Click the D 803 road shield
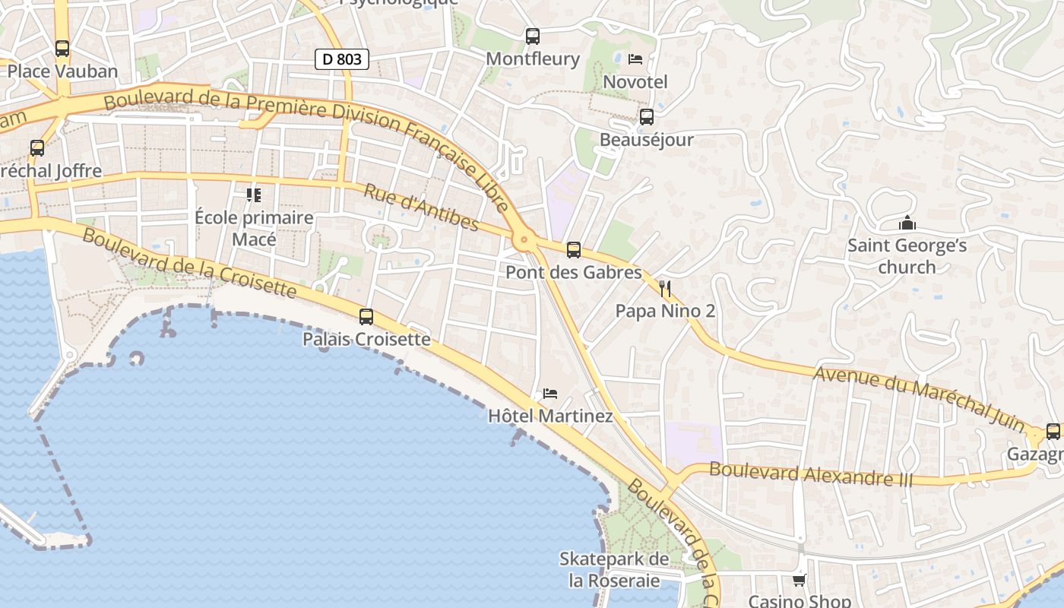(x=342, y=59)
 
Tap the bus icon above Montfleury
(x=533, y=36)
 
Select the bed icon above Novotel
(x=635, y=59)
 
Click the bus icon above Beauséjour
(x=647, y=117)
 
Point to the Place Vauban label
(x=62, y=71)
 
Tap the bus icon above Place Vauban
(x=62, y=49)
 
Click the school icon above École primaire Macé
(x=254, y=195)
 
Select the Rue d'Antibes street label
(x=421, y=207)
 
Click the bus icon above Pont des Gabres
(x=574, y=249)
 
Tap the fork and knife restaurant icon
(x=665, y=288)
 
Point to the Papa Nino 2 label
(x=665, y=311)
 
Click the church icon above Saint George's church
(x=907, y=223)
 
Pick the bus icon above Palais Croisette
(x=366, y=317)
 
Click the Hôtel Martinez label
(x=550, y=416)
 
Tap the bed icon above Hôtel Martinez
(x=550, y=394)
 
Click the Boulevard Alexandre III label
(x=811, y=473)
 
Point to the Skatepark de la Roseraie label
(x=614, y=570)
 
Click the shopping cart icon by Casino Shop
(x=799, y=581)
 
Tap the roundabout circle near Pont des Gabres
(x=523, y=241)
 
